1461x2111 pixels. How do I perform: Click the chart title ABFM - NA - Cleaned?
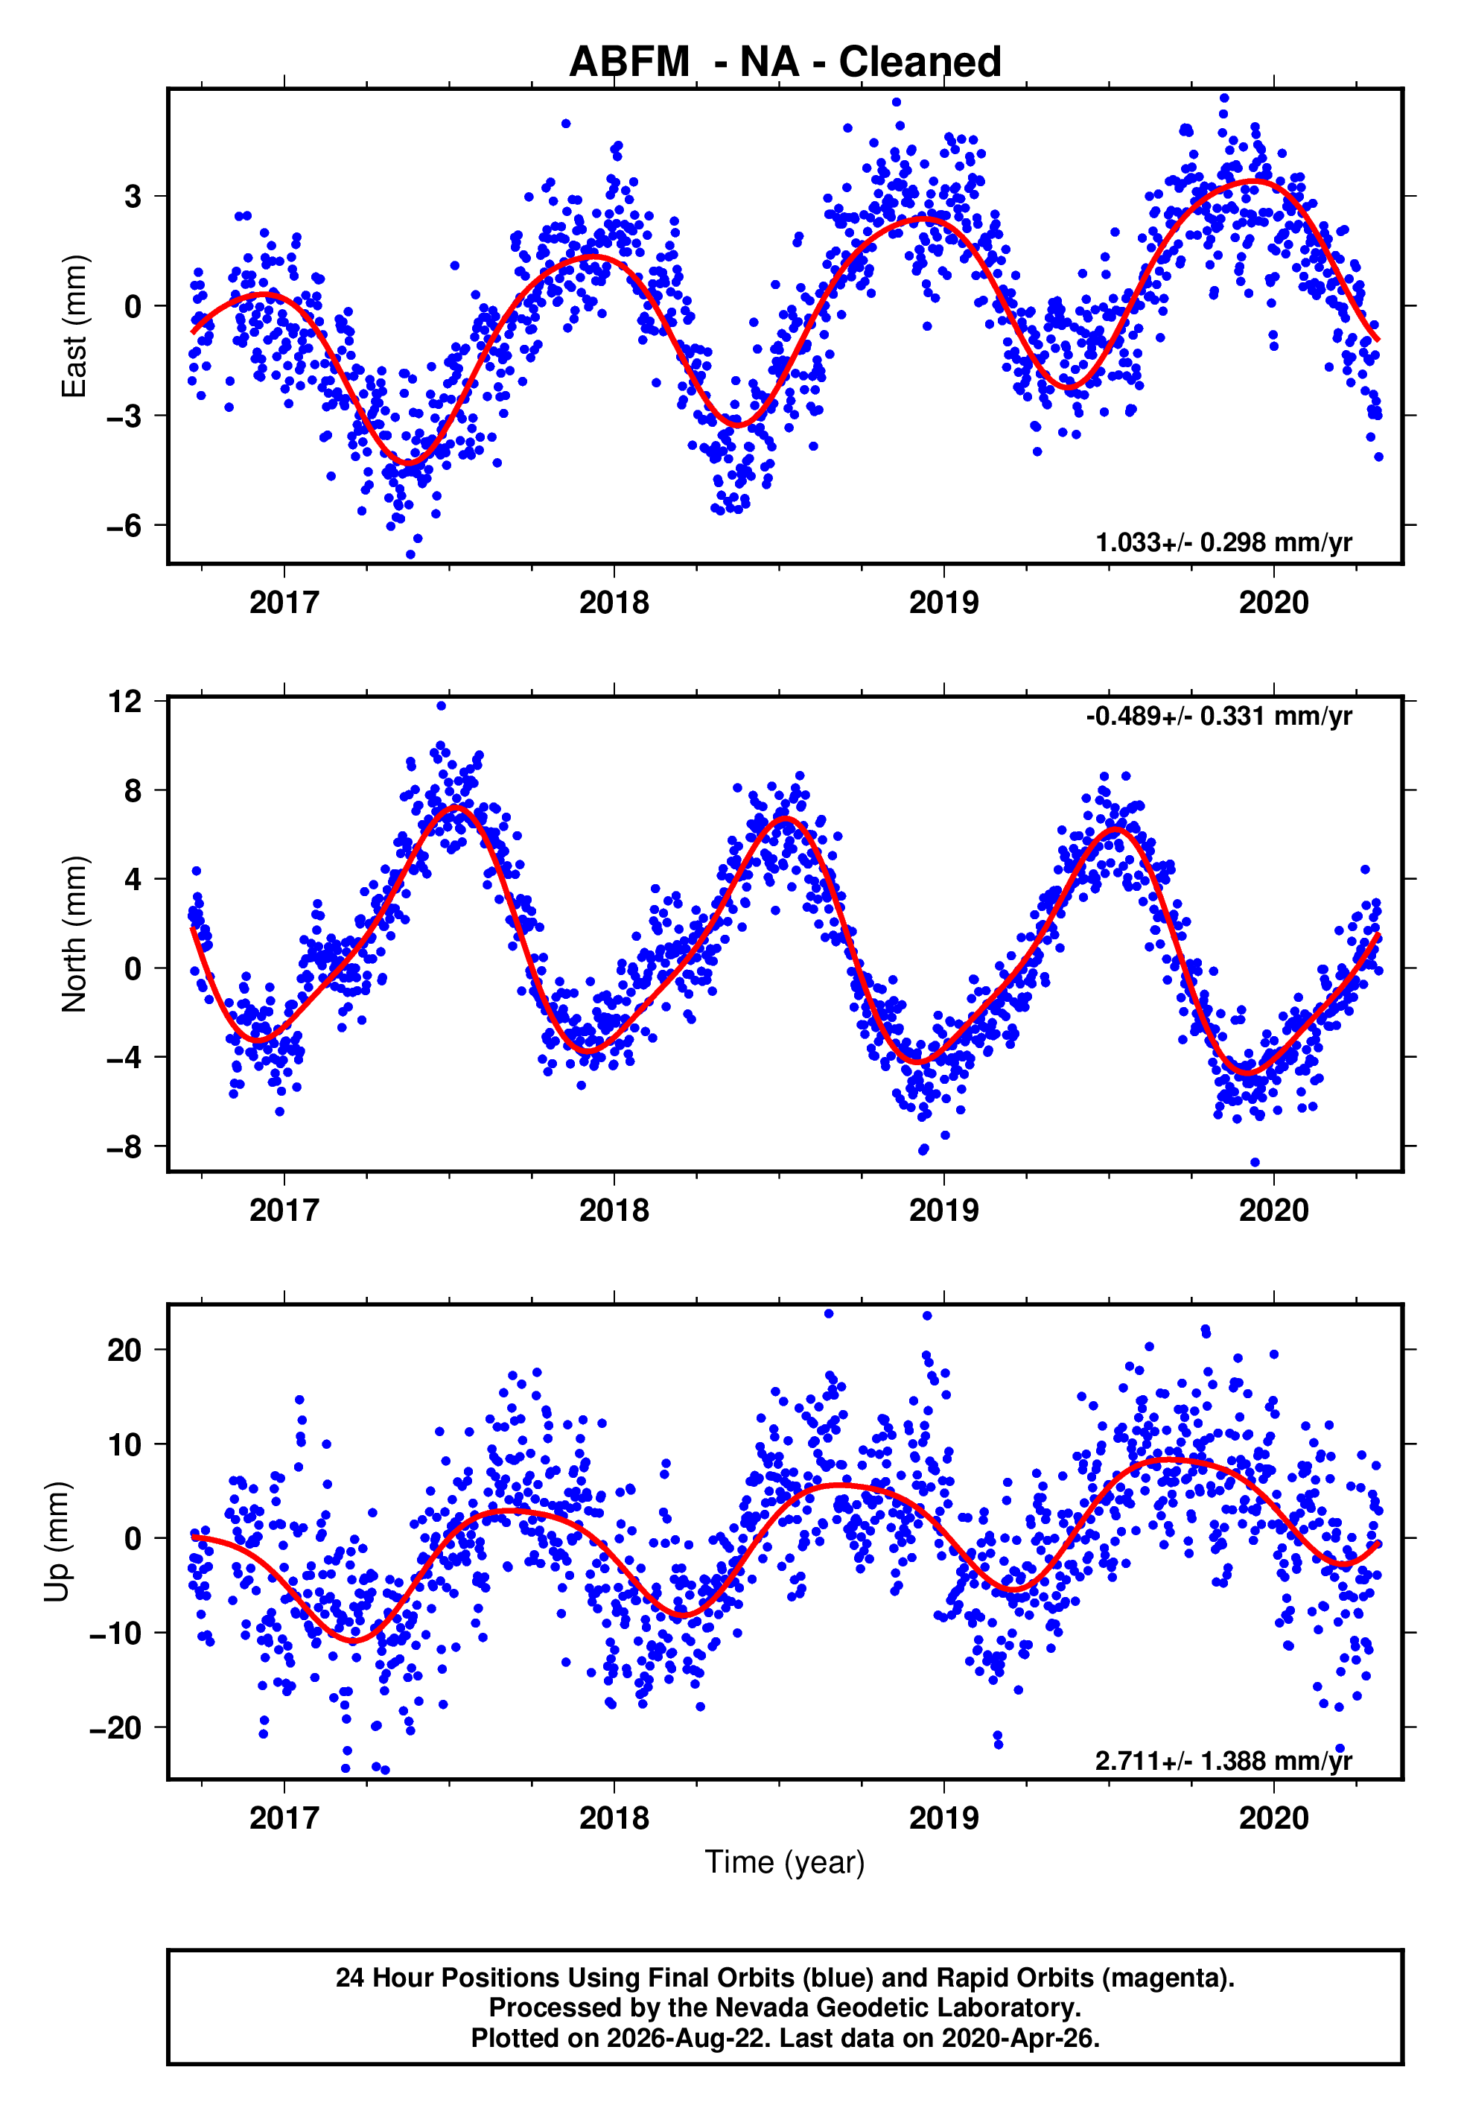coord(785,63)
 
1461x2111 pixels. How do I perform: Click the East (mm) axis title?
coord(74,326)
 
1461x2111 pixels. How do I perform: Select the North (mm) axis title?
coord(74,935)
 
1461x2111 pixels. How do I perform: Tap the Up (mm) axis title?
coord(57,1542)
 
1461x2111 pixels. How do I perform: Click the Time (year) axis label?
coord(785,1863)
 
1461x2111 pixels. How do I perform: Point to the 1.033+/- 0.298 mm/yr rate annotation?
coord(1224,543)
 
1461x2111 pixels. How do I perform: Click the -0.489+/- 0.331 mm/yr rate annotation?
coord(1219,716)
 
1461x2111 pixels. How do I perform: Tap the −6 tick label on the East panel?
coord(124,525)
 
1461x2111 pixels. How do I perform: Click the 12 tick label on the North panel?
coord(125,702)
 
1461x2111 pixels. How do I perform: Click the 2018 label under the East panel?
coord(614,603)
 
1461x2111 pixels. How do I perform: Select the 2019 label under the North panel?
coord(943,1210)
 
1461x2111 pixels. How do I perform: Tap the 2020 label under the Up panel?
coord(1274,1818)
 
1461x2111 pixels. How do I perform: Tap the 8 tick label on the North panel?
coord(133,790)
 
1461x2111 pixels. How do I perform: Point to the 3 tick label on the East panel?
coord(133,196)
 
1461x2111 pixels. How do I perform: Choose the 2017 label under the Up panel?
coord(284,1818)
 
